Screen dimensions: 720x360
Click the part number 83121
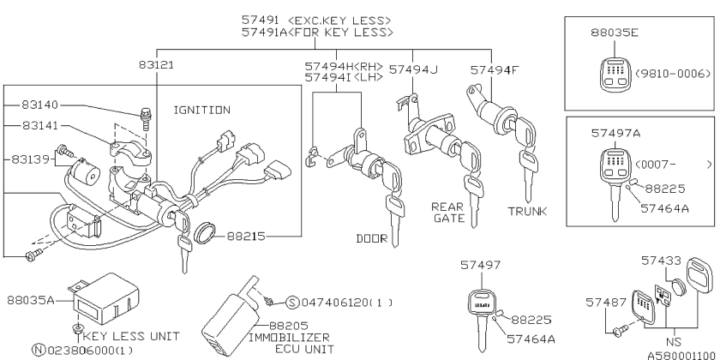coord(157,65)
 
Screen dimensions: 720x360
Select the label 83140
coord(40,105)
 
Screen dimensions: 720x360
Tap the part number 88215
coord(246,236)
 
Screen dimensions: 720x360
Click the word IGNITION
coord(202,111)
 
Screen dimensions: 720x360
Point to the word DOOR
coord(372,238)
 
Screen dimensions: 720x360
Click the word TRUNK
coord(528,211)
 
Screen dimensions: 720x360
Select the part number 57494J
coord(413,69)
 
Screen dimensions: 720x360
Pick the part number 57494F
coord(495,69)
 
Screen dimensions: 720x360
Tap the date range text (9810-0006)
coord(673,74)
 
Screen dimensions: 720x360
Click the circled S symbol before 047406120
coord(292,303)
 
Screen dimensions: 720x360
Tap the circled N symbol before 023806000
coord(38,350)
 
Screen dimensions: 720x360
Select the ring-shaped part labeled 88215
coord(205,233)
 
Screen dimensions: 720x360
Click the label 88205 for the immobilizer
coord(288,326)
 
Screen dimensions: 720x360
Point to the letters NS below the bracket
coord(674,342)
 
